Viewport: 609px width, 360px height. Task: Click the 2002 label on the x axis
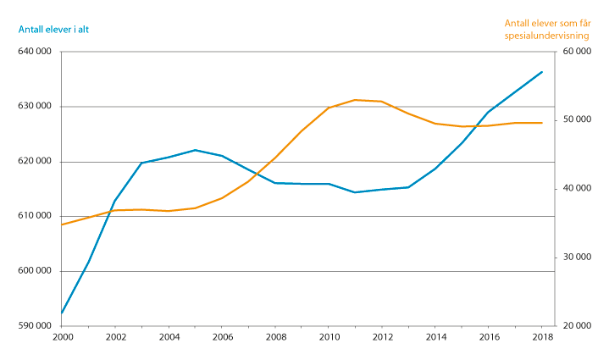115,337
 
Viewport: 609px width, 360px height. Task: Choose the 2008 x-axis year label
275,337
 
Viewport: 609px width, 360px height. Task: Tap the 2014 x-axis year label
435,337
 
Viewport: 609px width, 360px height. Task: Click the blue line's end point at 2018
542,72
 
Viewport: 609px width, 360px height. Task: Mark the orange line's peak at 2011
356,100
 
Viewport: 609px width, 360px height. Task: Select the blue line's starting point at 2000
62,314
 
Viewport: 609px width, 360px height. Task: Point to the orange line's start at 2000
62,224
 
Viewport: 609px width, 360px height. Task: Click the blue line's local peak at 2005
195,150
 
